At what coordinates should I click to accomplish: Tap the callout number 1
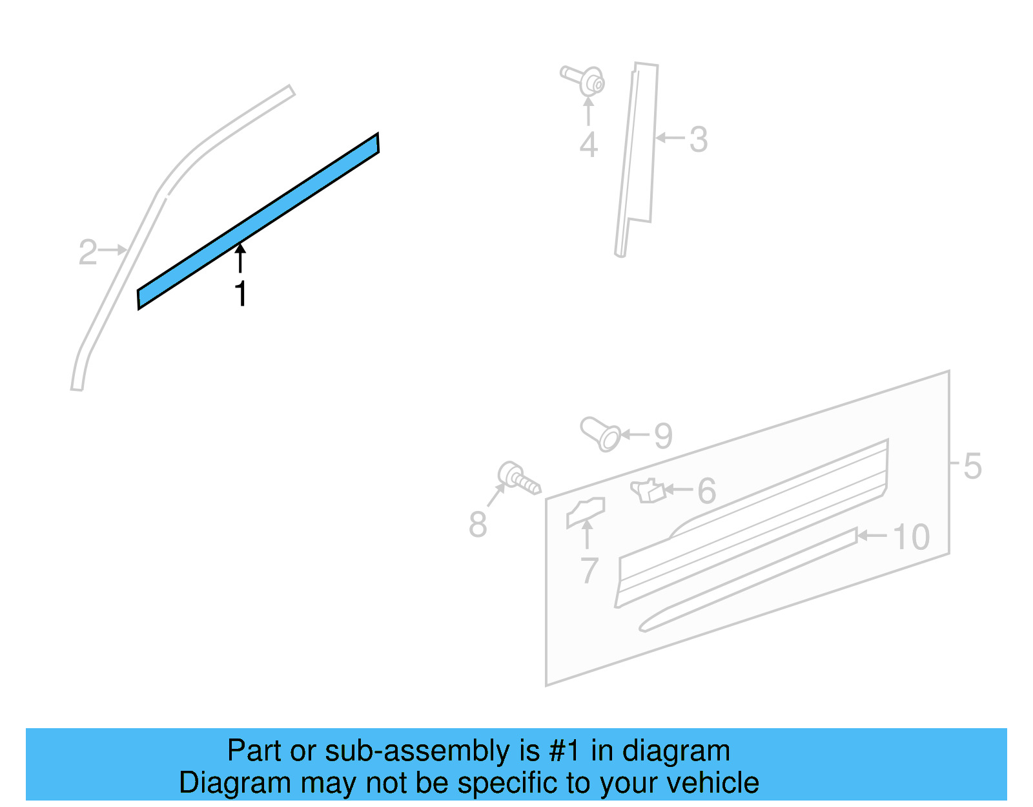pos(241,294)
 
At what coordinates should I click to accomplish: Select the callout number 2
pos(87,252)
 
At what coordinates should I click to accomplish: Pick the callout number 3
pos(699,140)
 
